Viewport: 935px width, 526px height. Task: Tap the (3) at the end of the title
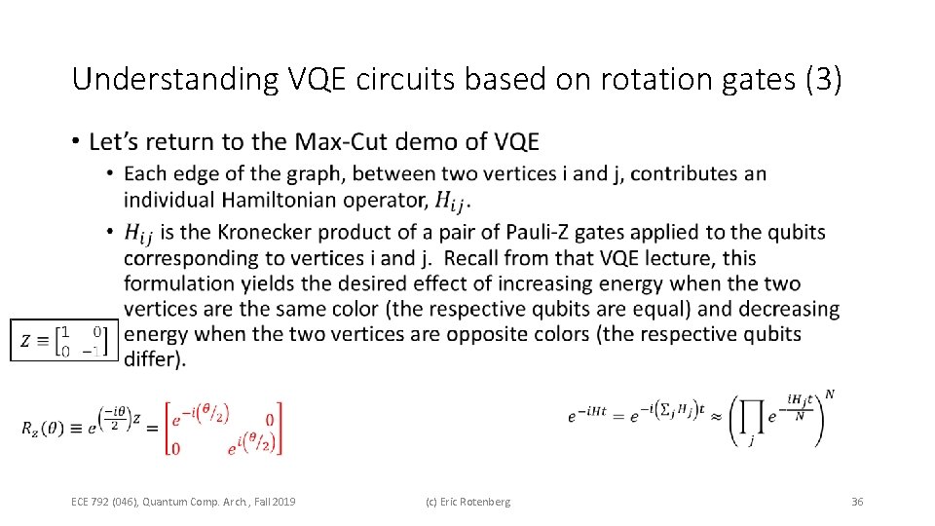[823, 80]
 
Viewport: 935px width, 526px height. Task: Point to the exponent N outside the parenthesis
[830, 394]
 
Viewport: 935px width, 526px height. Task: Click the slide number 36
[857, 502]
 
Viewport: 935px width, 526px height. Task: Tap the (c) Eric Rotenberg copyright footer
[467, 502]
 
